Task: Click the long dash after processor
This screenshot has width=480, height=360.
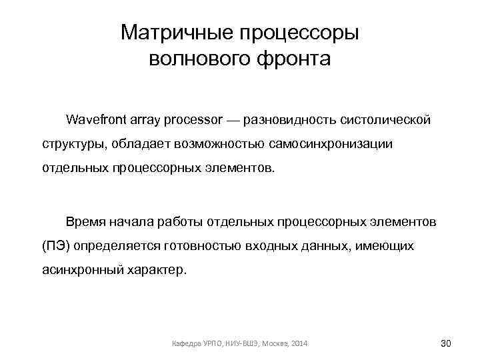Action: pyautogui.click(x=233, y=120)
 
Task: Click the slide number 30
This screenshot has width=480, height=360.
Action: pyautogui.click(x=446, y=343)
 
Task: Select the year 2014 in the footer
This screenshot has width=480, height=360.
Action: pyautogui.click(x=299, y=343)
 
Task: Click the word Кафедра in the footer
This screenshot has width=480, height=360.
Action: pyautogui.click(x=186, y=343)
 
